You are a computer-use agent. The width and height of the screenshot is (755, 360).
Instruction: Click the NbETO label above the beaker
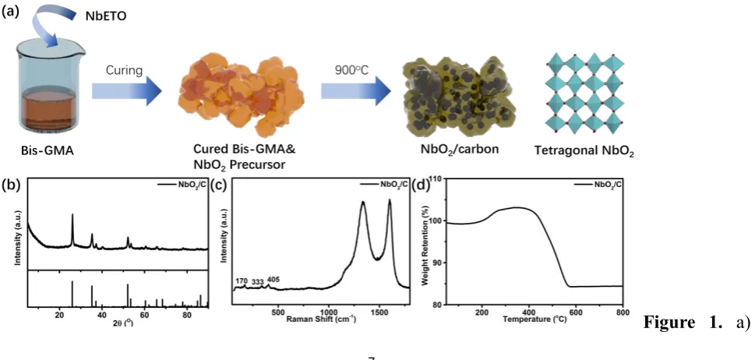(x=108, y=16)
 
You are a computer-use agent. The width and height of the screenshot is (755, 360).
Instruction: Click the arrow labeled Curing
(x=127, y=90)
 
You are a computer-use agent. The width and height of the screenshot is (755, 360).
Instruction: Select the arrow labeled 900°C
(x=356, y=90)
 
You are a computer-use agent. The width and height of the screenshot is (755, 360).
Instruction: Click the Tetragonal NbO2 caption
(x=584, y=153)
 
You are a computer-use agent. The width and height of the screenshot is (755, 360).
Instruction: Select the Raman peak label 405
(x=273, y=280)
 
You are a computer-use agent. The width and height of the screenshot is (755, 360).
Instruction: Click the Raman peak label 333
(x=258, y=281)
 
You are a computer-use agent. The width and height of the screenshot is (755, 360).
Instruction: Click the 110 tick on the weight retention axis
(x=435, y=179)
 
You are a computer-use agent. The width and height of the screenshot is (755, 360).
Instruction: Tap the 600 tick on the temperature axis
(x=576, y=312)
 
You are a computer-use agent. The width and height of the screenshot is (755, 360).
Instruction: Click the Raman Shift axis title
(x=321, y=319)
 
